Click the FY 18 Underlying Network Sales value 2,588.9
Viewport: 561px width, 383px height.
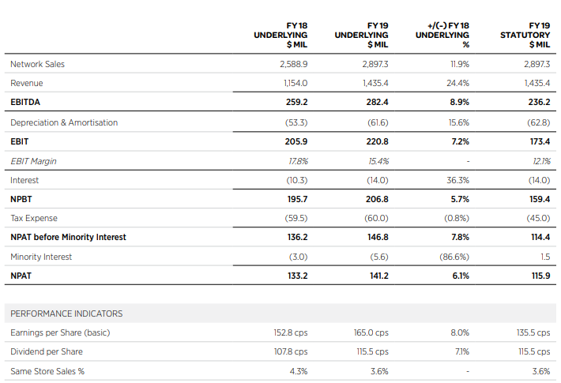point(293,64)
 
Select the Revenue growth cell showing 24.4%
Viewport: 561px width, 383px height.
point(457,83)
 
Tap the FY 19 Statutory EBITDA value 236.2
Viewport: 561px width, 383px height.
point(539,102)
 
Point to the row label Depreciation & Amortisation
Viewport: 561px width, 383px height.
point(64,122)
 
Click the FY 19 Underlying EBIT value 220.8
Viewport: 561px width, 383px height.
point(377,141)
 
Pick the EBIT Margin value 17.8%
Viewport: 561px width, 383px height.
point(298,161)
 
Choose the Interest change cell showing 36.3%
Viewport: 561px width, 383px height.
point(457,180)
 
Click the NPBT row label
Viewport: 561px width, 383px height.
point(21,199)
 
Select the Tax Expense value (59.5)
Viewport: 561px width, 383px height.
point(296,218)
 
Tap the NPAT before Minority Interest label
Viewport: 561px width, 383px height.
point(68,237)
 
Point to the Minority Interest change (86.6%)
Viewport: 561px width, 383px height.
point(454,257)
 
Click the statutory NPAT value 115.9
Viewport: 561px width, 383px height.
point(540,276)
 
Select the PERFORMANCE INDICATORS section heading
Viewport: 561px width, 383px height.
point(66,314)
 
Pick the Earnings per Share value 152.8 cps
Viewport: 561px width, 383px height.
point(291,332)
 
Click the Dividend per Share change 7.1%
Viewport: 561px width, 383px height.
point(462,351)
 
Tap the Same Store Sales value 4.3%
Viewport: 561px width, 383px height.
point(299,371)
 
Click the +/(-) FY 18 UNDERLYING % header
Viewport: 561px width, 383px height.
point(442,35)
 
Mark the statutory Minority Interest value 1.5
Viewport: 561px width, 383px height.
point(545,257)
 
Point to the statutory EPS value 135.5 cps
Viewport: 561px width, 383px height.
point(533,332)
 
